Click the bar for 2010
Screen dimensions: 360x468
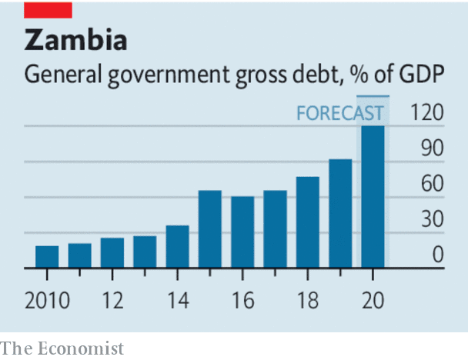47,257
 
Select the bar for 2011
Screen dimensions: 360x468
79,255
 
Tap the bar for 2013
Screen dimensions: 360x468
145,252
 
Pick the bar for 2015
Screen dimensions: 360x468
210,229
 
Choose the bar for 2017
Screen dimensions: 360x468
275,229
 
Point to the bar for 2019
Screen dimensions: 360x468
340,214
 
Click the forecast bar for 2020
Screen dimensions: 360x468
373,196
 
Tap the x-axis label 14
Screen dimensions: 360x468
177,300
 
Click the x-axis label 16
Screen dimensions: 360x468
242,300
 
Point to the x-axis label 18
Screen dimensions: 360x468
308,300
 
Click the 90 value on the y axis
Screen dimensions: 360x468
431,148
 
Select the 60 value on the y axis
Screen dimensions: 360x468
431,185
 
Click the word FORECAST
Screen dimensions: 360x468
339,114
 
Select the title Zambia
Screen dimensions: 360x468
75,39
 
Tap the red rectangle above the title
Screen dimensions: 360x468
48,9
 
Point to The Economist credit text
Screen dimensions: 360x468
62,348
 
